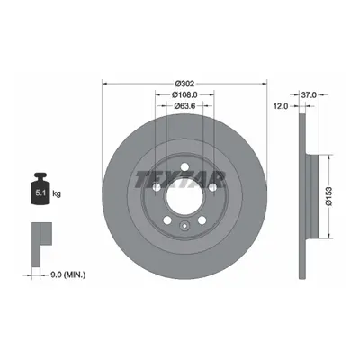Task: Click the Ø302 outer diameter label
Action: tap(184, 84)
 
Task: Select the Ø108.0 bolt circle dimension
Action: tap(184, 94)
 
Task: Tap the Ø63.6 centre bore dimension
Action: tap(184, 106)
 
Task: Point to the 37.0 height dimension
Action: tap(309, 95)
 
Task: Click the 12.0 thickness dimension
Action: tap(281, 106)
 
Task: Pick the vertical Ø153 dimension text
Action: tap(328, 196)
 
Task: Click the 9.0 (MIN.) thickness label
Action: tap(67, 274)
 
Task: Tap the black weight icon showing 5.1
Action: tap(40, 189)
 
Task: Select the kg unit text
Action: tap(57, 193)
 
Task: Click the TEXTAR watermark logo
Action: tap(180, 180)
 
